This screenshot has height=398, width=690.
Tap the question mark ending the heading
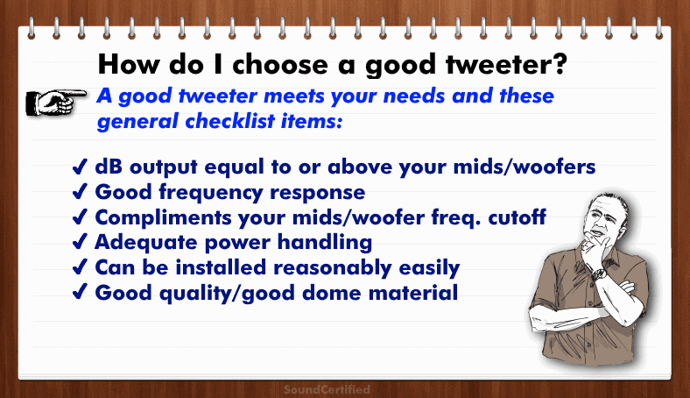[559, 63]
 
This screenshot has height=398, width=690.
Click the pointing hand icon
[56, 103]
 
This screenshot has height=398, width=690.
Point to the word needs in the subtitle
[413, 96]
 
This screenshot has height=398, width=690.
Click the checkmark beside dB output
[80, 167]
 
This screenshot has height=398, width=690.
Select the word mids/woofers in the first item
[525, 167]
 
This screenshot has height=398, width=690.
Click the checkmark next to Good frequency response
[80, 192]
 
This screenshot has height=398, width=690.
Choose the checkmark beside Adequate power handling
[80, 242]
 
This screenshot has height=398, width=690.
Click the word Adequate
[146, 243]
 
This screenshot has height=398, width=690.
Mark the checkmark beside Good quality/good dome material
[80, 292]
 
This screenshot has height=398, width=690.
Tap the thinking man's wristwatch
[598, 274]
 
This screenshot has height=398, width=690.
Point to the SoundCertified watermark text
[327, 389]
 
